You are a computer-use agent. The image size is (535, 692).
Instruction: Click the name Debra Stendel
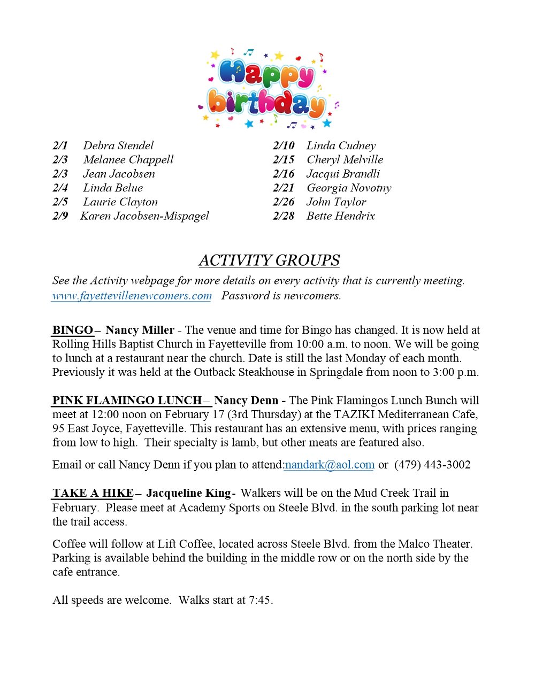pos(118,145)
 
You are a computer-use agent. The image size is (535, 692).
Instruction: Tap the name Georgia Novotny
pos(349,188)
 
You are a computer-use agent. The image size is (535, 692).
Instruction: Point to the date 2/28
pos(284,216)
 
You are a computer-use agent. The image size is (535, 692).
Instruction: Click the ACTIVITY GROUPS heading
pos(269,260)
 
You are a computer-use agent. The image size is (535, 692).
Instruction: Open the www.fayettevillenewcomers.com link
pos(132,296)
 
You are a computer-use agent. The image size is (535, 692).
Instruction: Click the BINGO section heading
pos(73,330)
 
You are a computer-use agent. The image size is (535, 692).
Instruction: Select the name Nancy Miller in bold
pos(140,330)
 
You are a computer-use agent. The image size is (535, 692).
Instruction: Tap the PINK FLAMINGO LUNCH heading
pos(127,400)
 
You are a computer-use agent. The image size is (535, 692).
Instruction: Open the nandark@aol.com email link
pos(330,465)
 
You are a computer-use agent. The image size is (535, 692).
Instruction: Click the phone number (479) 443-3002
pos(432,465)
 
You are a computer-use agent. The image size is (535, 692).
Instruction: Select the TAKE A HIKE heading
pos(93,493)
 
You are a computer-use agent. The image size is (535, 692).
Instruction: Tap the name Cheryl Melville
pos(345,159)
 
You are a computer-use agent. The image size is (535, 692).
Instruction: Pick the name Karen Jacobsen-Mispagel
pos(144,216)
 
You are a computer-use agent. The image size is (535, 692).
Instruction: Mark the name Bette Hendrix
pos(340,216)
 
